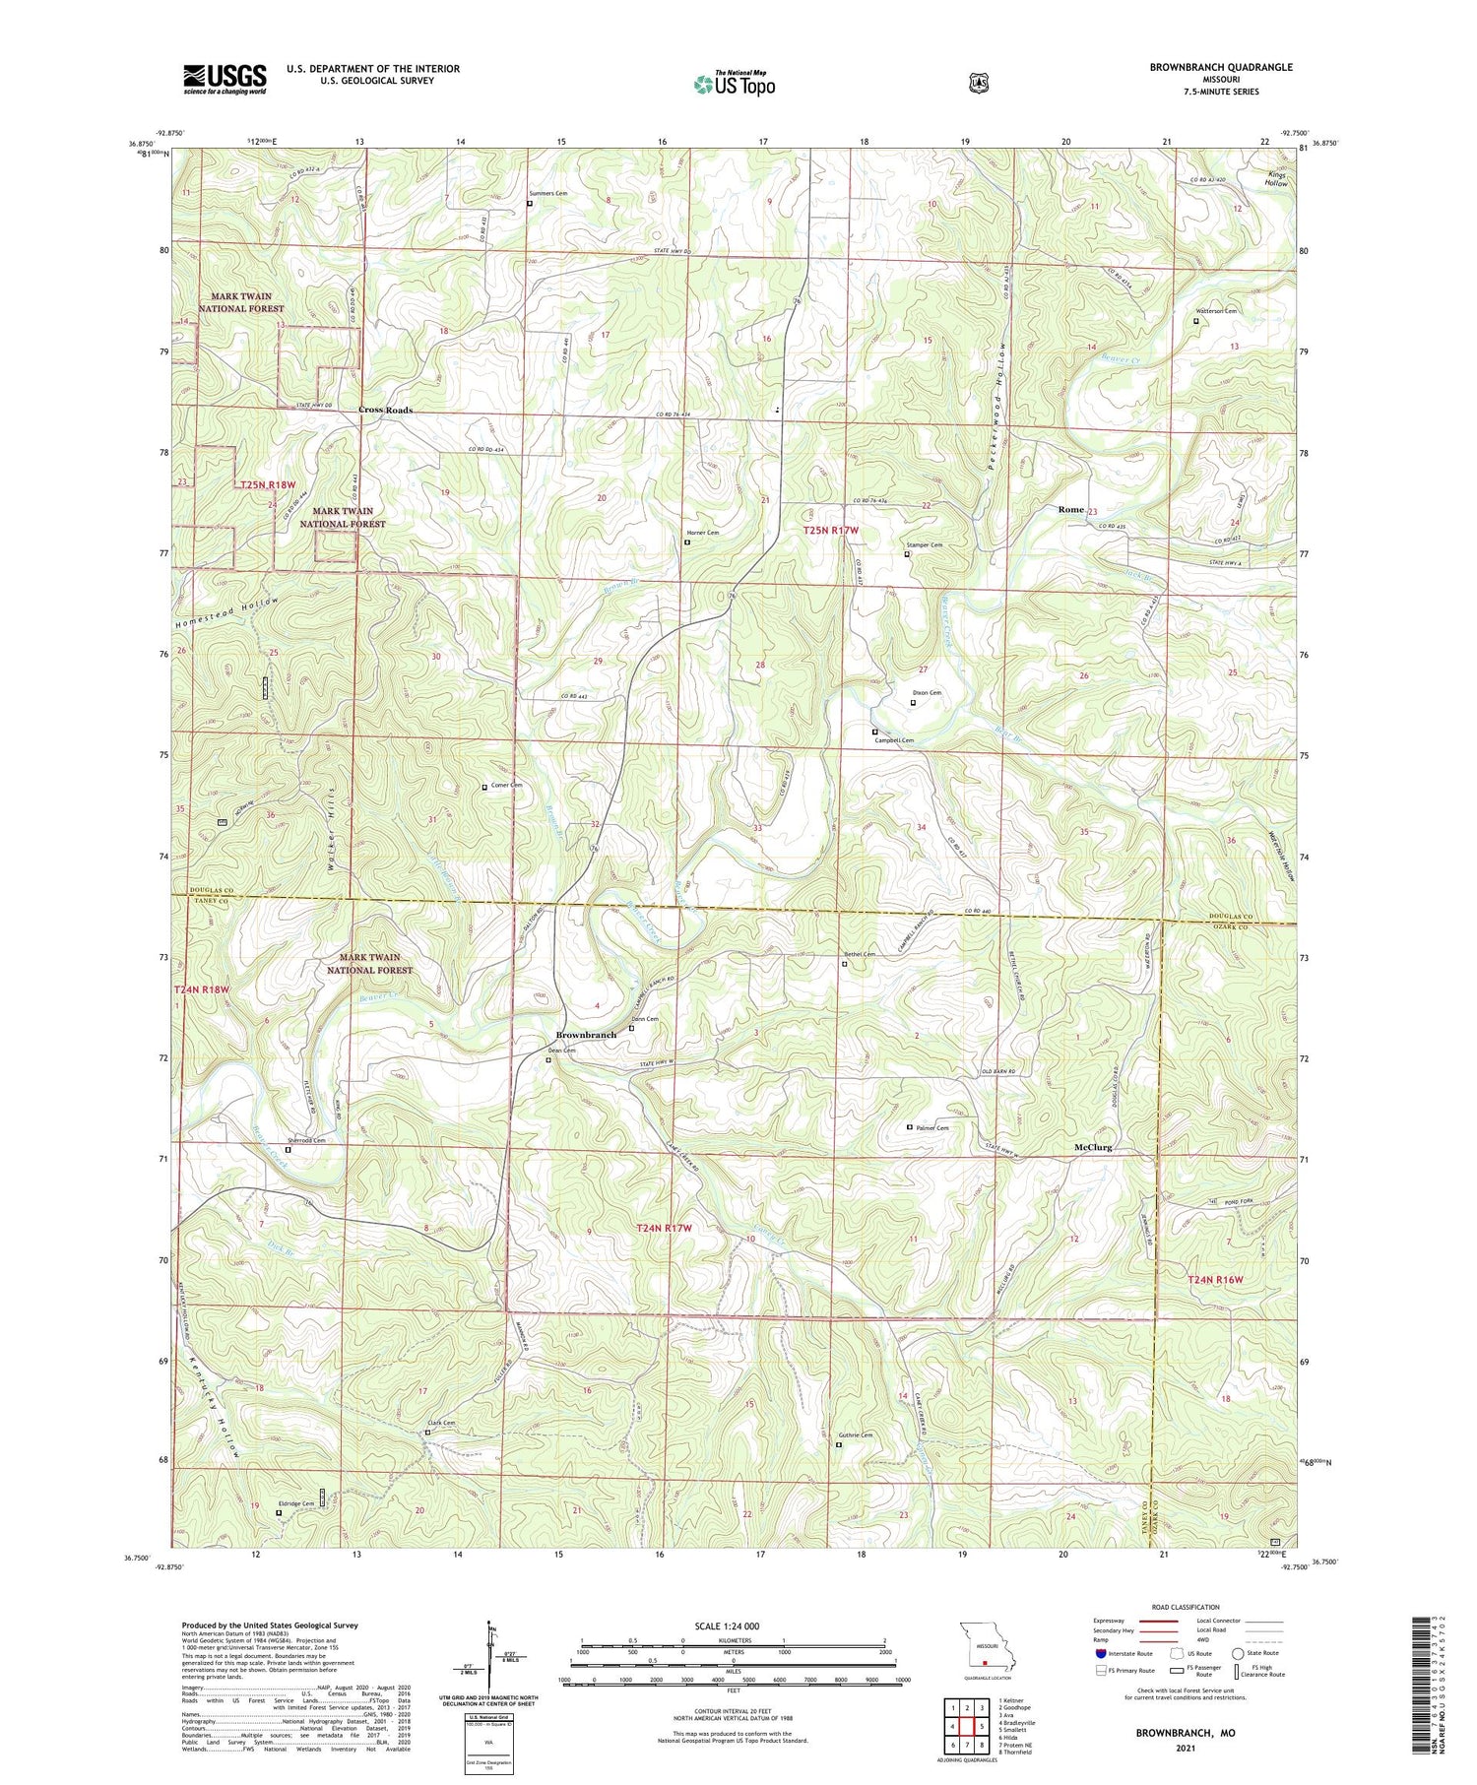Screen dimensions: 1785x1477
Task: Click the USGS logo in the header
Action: pos(225,79)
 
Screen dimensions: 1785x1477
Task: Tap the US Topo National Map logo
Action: pos(734,84)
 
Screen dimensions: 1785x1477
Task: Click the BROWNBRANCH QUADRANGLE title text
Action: pos(1220,67)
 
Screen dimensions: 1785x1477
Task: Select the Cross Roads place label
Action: pos(385,410)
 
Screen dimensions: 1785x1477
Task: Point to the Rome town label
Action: pos(1070,509)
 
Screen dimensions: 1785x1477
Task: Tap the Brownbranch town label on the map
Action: pos(586,1035)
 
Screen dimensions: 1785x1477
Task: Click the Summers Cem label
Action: pos(548,193)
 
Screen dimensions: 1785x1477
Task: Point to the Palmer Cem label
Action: pos(931,1127)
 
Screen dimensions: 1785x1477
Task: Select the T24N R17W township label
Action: pos(665,1228)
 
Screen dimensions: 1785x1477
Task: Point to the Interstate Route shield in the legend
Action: pos(1100,1654)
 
